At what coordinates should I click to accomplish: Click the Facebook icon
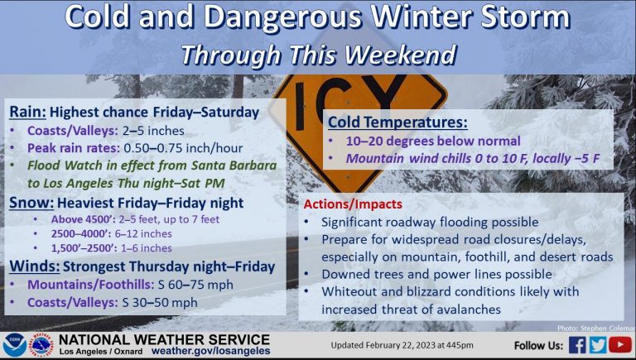click(x=577, y=345)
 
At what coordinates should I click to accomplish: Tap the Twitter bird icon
click(x=598, y=345)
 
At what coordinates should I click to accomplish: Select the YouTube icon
click(x=620, y=345)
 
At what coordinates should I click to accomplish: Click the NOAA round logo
click(x=15, y=345)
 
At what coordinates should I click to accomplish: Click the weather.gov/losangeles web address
click(x=210, y=351)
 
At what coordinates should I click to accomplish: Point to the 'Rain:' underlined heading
click(x=27, y=113)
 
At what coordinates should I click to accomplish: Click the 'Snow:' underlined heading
click(x=31, y=203)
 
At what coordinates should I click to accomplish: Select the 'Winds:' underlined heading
click(x=35, y=266)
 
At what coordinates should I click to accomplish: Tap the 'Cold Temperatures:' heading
click(x=397, y=122)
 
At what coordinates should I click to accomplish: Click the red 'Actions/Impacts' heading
click(x=353, y=204)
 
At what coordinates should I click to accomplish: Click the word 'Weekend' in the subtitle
click(x=401, y=55)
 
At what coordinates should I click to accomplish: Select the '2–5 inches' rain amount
click(x=153, y=131)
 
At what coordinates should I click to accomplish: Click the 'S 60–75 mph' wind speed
click(x=195, y=285)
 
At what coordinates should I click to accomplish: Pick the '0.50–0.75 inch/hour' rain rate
click(x=183, y=148)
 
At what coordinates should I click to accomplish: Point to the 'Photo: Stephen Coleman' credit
click(x=596, y=328)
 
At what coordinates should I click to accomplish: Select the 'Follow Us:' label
click(x=538, y=345)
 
